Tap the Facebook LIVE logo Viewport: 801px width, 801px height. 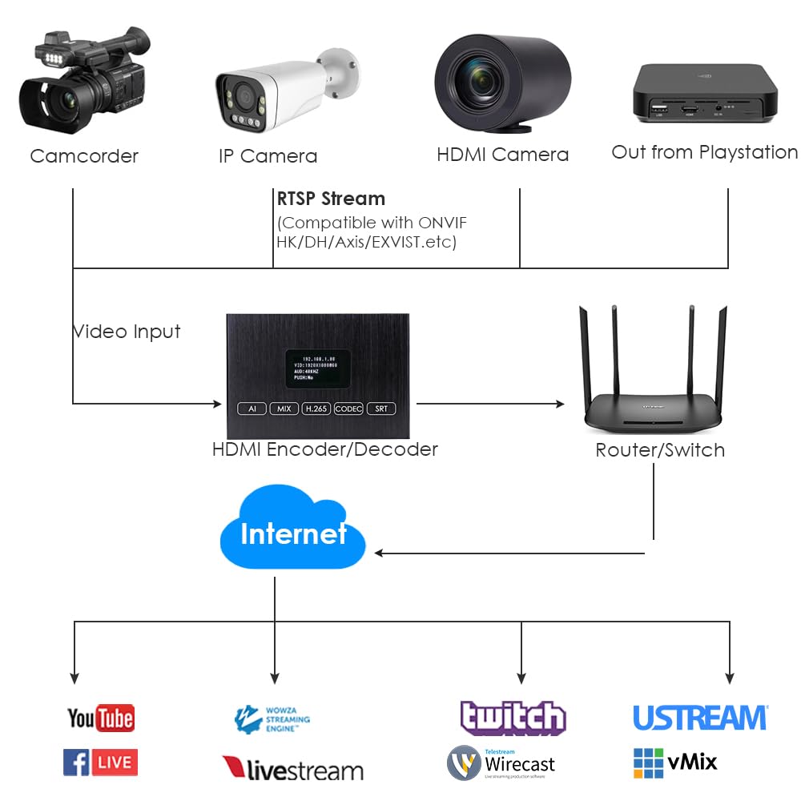coord(100,762)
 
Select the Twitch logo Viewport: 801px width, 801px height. coord(513,717)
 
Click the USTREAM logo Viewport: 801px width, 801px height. coord(700,718)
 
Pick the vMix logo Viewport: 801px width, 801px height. coord(675,763)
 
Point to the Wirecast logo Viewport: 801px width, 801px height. coord(501,763)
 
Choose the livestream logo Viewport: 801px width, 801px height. coord(292,770)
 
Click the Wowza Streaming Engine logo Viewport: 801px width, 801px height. coord(272,719)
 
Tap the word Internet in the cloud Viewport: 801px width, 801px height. coord(293,533)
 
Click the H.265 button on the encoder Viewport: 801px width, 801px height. coord(316,409)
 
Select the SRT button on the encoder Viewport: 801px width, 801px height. coord(381,409)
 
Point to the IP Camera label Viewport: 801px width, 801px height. coord(268,156)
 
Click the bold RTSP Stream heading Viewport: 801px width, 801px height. coord(331,199)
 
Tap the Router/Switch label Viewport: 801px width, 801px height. coord(660,450)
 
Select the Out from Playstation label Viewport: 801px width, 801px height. coord(705,152)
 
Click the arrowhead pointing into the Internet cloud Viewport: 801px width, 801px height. coord(380,553)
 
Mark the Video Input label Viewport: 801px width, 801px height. coord(127,332)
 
